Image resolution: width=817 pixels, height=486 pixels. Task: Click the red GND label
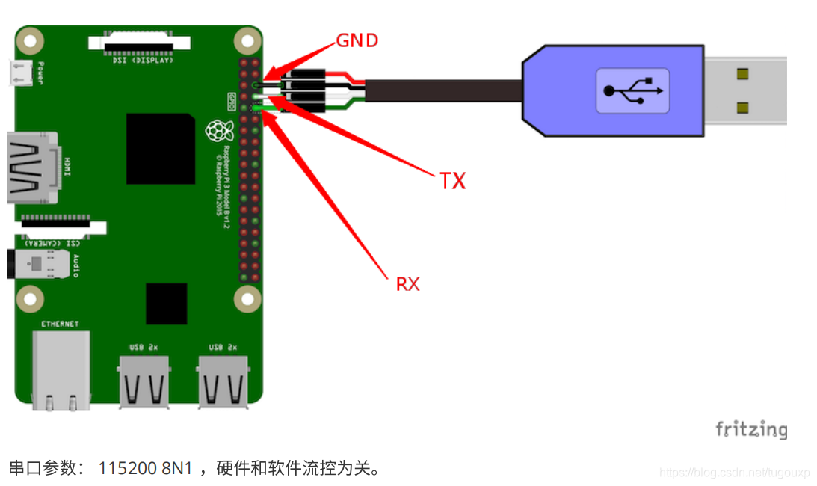tap(357, 40)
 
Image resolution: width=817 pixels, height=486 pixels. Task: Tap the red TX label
tap(452, 180)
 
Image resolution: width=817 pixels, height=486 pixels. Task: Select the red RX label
tap(407, 284)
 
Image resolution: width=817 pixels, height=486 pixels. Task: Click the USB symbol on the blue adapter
tap(632, 90)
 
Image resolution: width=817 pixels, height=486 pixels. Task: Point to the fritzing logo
tap(751, 429)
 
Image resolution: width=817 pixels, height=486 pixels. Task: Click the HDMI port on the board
tap(30, 167)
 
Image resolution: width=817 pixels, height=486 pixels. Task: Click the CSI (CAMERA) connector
tap(63, 226)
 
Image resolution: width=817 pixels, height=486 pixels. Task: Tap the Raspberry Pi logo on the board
tap(217, 132)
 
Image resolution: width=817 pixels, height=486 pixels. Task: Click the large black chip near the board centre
tap(161, 149)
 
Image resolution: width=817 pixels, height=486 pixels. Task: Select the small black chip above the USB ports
tap(166, 304)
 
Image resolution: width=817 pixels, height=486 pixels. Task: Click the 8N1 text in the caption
tap(176, 469)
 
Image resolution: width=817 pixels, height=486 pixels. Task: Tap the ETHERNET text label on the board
tap(60, 324)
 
